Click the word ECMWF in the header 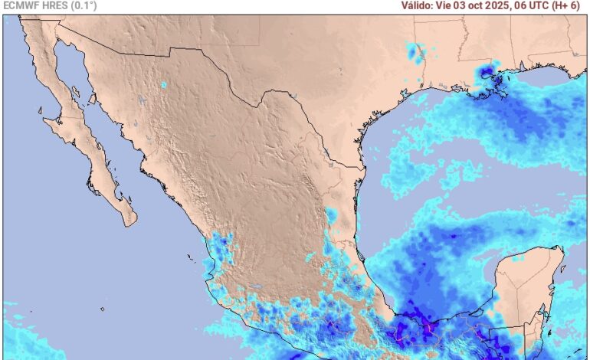21,5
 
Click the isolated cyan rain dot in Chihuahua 163,84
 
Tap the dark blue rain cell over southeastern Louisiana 487,74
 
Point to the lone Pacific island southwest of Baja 102,309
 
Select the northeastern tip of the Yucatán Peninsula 562,250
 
